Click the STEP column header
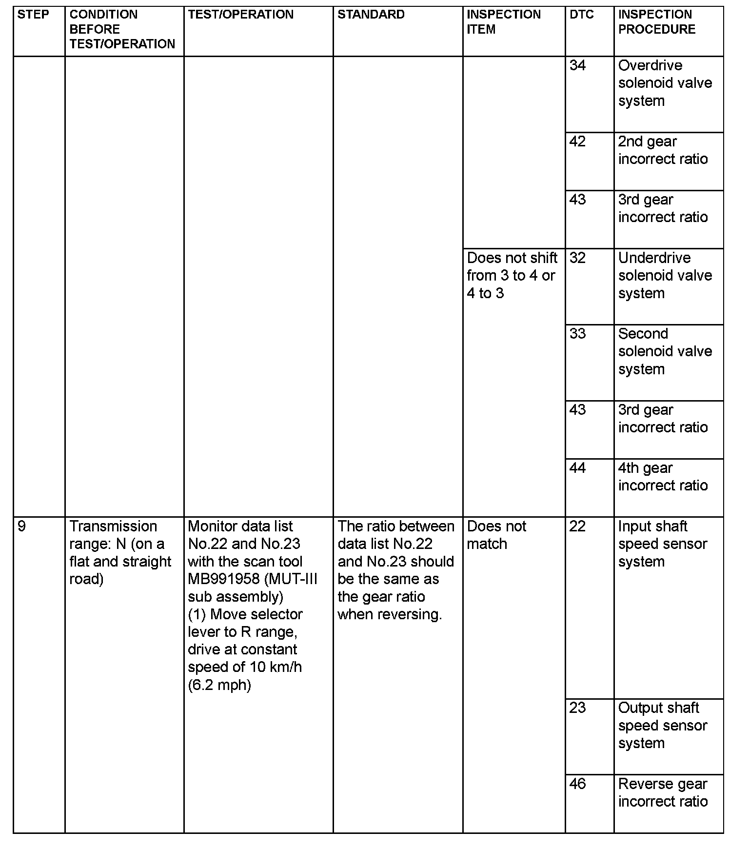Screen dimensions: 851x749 point(33,15)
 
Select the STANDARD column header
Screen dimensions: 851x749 point(371,15)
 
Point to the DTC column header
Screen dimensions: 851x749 point(581,15)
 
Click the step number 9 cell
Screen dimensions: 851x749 point(22,527)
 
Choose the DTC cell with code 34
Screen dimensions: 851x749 point(577,65)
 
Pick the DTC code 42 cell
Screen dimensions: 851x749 point(577,142)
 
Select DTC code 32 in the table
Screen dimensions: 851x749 point(577,258)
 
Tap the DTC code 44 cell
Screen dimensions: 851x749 point(577,468)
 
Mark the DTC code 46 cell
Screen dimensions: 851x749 point(577,784)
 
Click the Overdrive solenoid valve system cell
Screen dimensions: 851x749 point(665,83)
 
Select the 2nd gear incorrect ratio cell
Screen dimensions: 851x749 point(663,150)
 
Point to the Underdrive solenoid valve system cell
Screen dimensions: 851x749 point(665,275)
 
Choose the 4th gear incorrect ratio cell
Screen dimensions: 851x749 point(663,477)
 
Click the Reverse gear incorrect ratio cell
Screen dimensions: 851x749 point(663,792)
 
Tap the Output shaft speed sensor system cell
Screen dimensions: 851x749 point(662,725)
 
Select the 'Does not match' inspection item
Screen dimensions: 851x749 point(496,535)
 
